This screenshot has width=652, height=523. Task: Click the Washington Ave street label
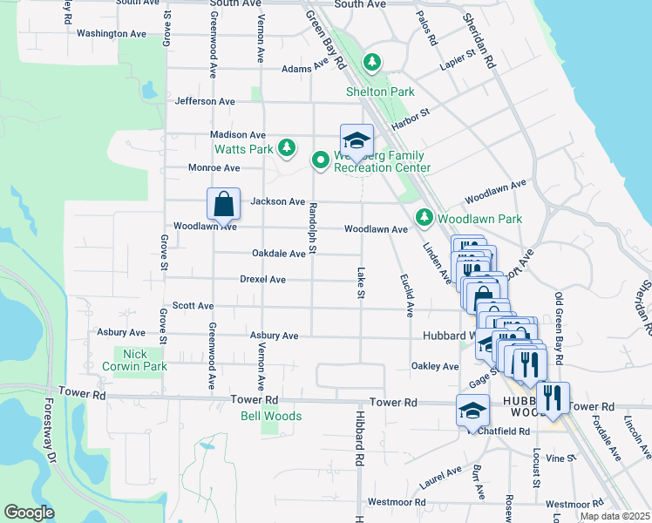click(112, 34)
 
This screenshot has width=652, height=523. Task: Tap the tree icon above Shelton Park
click(372, 62)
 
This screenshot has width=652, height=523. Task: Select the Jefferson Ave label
click(205, 101)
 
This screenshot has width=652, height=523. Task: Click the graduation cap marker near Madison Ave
click(357, 140)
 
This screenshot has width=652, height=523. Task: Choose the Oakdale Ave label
click(278, 254)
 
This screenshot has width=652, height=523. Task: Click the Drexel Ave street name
click(262, 280)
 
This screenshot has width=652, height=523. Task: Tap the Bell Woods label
click(271, 416)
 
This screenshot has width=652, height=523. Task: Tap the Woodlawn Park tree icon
click(424, 216)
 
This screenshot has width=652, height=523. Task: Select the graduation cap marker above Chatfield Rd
click(472, 410)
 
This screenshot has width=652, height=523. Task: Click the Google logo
click(29, 513)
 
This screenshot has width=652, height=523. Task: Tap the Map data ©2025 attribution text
click(614, 516)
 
